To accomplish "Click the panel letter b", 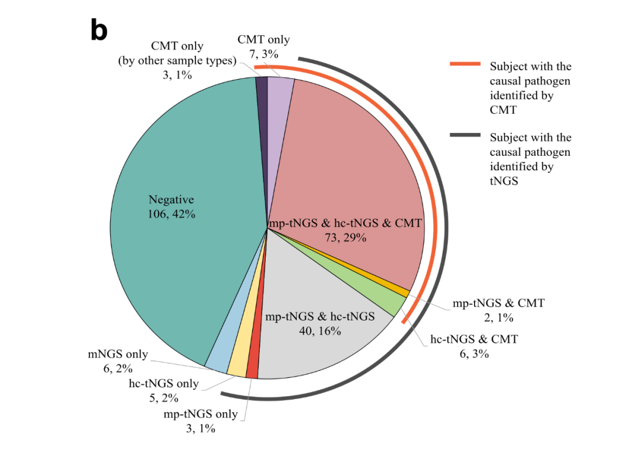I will pos(99,30).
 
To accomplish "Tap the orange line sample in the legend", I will pos(465,64).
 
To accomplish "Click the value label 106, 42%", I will pos(171,214).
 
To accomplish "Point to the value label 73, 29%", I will pos(345,237).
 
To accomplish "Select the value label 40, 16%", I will pos(320,331).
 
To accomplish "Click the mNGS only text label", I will pos(116,354).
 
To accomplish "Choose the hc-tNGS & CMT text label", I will pos(474,339).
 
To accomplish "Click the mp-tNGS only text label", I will pos(201,414).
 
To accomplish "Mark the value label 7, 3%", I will pos(263,54).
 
